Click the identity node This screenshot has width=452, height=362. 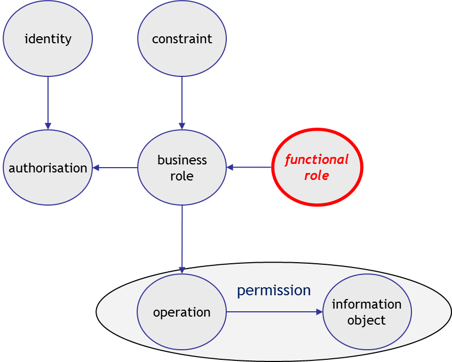pos(48,38)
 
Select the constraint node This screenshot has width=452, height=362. pos(182,38)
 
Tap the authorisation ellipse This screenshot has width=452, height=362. pos(48,168)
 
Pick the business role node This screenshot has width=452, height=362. pos(182,168)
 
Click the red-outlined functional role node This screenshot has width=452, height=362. pos(317,167)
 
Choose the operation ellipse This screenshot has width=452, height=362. pos(182,312)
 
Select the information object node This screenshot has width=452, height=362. pos(367,312)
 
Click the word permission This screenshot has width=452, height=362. pos(274,290)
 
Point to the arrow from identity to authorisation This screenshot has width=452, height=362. pos(48,101)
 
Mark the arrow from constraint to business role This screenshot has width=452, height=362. pos(182,101)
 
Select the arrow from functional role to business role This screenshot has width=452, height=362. pos(250,168)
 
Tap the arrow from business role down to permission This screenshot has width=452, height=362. pos(182,238)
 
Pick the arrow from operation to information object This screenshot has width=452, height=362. pos(273,312)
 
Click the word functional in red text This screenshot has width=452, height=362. pos(316,160)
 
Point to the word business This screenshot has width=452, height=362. pos(182,160)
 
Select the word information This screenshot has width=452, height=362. pos(367,304)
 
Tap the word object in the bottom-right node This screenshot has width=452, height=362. pos(367,320)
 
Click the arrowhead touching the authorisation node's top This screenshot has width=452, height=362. pos(48,126)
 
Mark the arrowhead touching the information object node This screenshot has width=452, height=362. pos(319,312)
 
